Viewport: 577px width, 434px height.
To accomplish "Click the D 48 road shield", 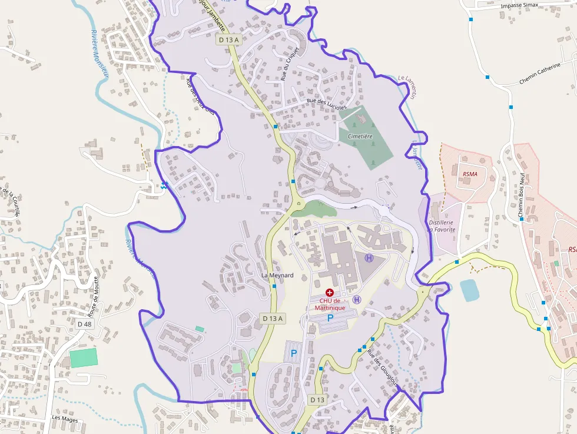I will click(85, 324).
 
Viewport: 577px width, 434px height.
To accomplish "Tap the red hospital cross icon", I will click(329, 292).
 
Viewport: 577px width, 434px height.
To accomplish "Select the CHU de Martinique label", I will click(329, 304).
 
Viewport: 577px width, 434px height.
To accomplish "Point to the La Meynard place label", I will click(277, 275).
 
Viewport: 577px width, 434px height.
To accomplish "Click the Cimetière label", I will click(360, 136).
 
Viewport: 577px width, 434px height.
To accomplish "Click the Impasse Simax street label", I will click(520, 5).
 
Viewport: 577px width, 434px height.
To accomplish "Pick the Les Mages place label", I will click(65, 418).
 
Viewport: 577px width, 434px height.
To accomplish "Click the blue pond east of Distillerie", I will click(469, 290).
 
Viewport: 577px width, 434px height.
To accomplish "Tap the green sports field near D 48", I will click(83, 357).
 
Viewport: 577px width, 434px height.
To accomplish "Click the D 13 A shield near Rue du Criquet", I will click(228, 39).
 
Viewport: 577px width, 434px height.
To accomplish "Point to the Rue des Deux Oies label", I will click(201, 96).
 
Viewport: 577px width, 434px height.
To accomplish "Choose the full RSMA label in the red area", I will click(470, 174).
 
